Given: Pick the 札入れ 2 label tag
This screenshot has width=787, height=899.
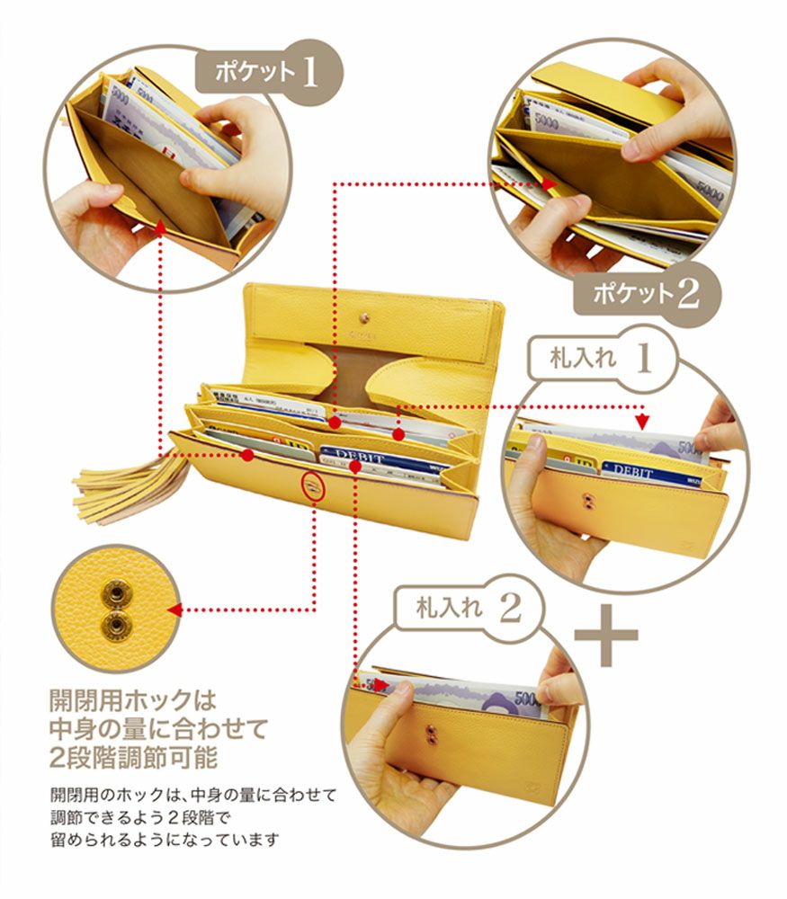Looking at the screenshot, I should (469, 608).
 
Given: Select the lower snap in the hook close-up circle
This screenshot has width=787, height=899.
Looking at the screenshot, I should (115, 623).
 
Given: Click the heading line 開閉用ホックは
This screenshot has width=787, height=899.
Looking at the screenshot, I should (135, 699).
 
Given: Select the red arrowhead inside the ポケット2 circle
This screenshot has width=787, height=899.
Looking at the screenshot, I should (550, 182).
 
